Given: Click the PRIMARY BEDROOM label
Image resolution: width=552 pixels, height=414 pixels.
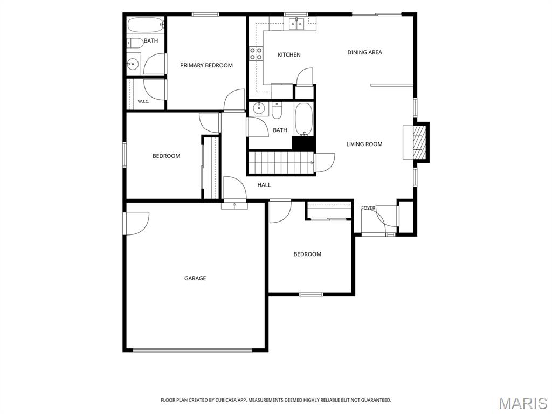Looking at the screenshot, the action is click(206, 65).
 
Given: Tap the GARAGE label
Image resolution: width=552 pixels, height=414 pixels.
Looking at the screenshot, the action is click(195, 279).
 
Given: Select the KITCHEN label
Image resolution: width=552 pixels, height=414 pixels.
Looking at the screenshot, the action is click(289, 55).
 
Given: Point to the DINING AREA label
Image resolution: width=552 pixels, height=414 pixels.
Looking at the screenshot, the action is click(364, 52).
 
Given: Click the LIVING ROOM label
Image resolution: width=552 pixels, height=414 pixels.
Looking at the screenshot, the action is click(364, 144).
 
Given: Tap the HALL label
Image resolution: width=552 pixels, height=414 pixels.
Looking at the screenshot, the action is click(264, 185).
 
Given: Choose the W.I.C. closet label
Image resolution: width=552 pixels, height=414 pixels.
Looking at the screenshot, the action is click(143, 102).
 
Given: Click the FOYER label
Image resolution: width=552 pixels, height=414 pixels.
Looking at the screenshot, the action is click(368, 208).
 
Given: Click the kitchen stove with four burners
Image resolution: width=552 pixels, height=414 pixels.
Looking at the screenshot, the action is click(256, 54).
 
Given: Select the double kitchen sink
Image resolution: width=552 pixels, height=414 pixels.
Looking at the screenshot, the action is click(296, 24).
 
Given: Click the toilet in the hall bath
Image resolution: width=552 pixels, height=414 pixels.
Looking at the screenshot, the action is click(277, 111).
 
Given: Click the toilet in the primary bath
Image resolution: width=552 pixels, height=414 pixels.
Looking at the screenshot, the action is click(135, 43).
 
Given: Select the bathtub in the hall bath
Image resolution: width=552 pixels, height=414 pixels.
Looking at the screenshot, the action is click(303, 120).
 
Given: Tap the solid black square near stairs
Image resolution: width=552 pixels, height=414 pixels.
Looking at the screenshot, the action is click(303, 143).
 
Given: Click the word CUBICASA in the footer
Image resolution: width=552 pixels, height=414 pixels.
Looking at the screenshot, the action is click(227, 401).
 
